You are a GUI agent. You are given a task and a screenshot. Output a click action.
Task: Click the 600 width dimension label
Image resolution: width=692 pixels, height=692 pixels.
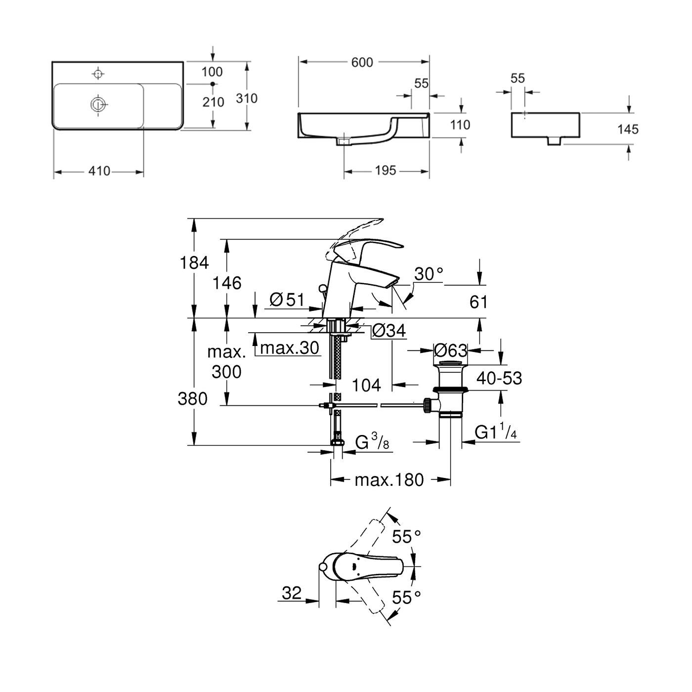(x=362, y=62)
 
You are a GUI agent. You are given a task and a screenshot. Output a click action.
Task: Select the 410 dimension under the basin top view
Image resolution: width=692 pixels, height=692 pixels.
(x=99, y=172)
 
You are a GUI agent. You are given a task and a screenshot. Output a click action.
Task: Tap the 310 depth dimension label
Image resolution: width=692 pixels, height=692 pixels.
(x=246, y=98)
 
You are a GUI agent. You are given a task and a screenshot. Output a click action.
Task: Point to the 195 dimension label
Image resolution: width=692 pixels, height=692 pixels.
(x=385, y=171)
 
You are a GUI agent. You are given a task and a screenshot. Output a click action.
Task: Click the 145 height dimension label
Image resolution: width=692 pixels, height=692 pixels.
(x=628, y=130)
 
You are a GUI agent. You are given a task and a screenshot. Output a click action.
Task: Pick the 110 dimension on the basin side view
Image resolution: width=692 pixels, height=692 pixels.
(x=460, y=125)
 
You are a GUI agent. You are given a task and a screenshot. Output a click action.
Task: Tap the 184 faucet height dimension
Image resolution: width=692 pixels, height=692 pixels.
(x=194, y=262)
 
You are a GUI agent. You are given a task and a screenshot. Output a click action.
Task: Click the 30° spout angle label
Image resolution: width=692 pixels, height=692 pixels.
(x=428, y=273)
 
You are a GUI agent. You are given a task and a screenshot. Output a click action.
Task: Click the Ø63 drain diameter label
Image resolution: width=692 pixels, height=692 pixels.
(x=450, y=350)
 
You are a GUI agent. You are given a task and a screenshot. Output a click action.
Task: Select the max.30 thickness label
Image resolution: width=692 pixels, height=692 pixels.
(x=290, y=348)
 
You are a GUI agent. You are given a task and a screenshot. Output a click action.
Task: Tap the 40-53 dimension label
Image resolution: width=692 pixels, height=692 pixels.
(x=499, y=378)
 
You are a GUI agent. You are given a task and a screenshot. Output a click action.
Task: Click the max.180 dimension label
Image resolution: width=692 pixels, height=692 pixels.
(x=389, y=479)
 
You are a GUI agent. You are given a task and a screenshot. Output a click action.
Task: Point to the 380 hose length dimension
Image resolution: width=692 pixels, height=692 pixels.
(x=193, y=398)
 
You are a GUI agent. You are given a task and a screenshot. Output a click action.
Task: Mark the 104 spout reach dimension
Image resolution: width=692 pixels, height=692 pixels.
(x=367, y=385)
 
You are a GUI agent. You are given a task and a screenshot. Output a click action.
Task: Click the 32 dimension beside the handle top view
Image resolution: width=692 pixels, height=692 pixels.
(x=292, y=593)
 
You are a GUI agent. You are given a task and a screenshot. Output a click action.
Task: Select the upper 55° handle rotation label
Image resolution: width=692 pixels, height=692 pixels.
(x=406, y=536)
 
